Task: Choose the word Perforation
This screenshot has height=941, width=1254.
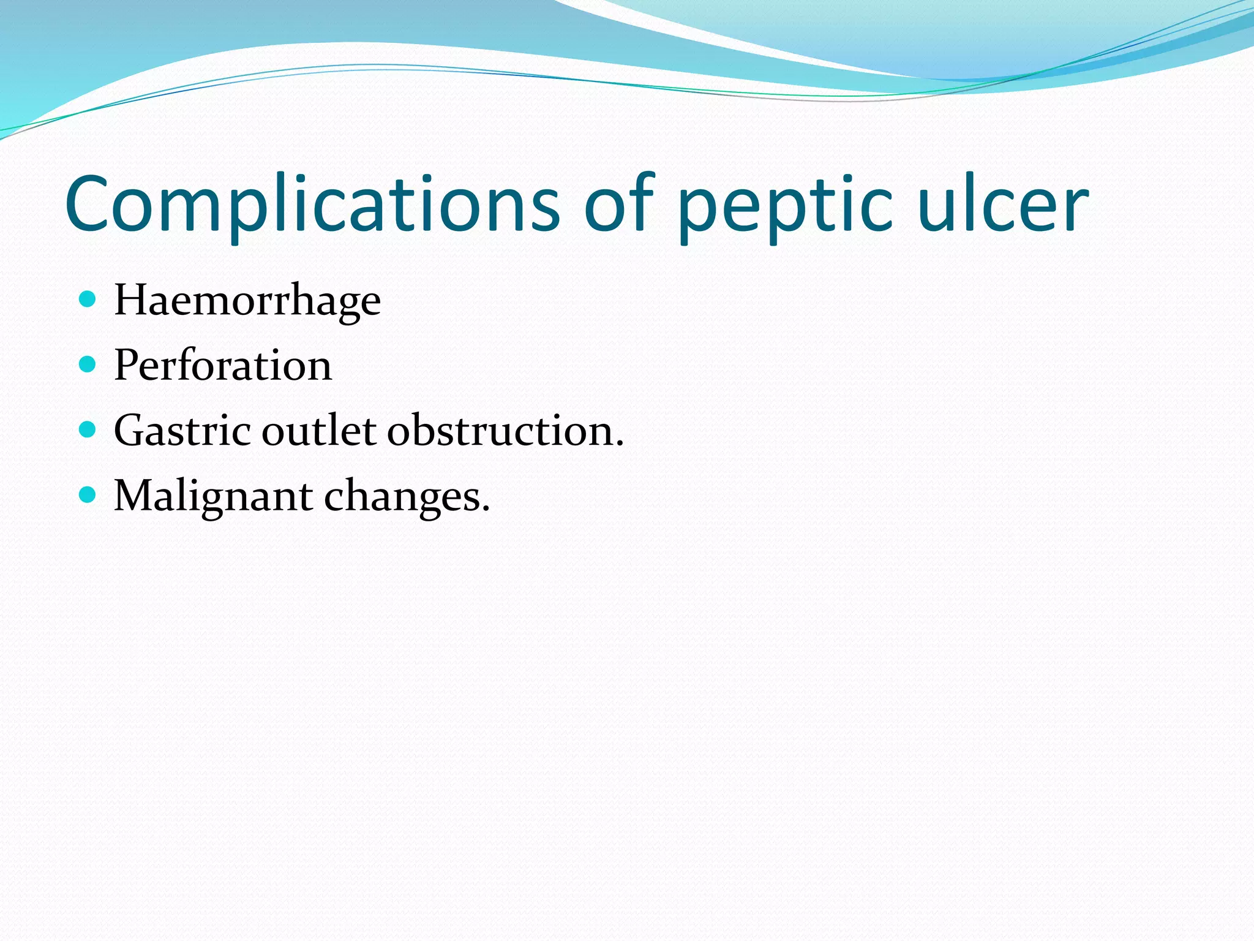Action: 223,366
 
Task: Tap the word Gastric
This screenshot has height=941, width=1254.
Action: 182,431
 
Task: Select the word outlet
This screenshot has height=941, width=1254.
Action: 319,431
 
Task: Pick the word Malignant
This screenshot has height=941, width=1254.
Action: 213,496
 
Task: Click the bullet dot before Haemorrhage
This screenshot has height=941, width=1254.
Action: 88,300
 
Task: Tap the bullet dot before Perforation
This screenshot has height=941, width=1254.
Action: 88,365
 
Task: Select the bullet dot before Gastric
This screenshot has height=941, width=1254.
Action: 88,429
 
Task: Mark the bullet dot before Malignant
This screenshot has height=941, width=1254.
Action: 88,494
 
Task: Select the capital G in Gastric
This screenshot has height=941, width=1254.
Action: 130,431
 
